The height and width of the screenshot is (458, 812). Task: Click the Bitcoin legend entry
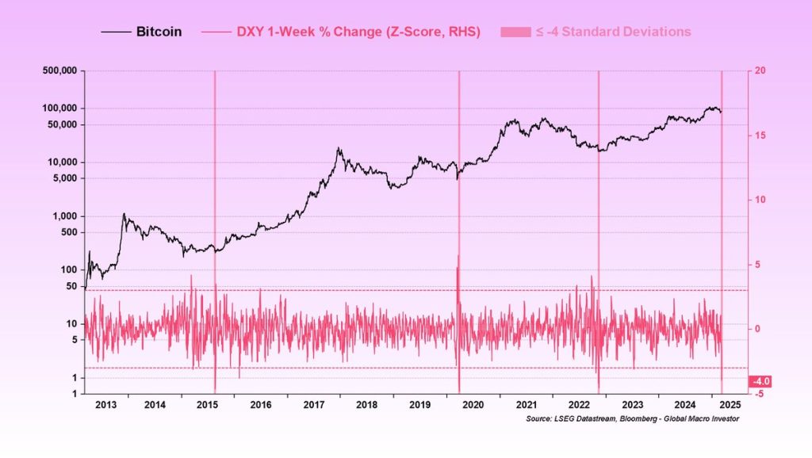coord(159,32)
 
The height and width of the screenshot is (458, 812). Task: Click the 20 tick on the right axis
coord(760,71)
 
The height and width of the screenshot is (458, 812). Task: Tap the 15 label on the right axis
coord(760,135)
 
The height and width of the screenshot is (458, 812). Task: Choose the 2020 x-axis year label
coord(473,404)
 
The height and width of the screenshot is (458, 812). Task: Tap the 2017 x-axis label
coord(315,404)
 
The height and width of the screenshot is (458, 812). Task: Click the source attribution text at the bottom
coord(632,418)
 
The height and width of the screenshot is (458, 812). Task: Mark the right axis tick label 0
coord(758,329)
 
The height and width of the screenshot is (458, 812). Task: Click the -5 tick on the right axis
coord(759,394)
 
